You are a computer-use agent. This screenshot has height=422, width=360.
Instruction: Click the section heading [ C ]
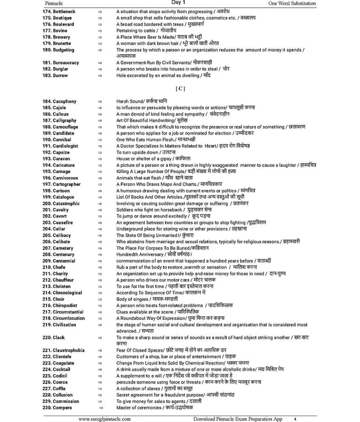point(180,89)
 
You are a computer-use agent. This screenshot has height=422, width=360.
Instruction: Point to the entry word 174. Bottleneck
point(59,11)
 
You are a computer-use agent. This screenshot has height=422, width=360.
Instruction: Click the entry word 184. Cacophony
point(59,101)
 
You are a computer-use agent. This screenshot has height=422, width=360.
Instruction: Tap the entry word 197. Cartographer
point(61,184)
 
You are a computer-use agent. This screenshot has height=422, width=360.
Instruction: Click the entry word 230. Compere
point(57,408)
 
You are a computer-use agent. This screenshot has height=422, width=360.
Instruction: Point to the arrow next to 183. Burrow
point(100,75)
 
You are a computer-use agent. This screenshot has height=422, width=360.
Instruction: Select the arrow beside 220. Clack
point(100,338)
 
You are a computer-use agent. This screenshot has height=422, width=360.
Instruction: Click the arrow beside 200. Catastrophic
point(100,204)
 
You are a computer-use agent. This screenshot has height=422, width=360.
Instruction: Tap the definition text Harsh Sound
point(130,101)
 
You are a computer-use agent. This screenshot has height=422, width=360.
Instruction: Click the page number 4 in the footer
point(295,419)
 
